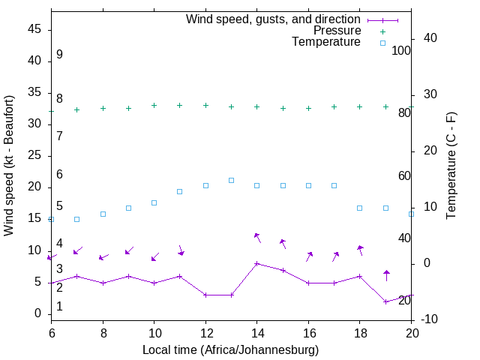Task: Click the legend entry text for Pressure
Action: (x=337, y=31)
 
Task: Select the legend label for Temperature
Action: (x=326, y=42)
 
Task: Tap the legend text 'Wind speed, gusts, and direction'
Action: (x=273, y=19)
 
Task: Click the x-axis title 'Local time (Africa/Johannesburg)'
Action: (x=230, y=350)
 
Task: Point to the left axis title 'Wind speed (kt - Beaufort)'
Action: (x=9, y=166)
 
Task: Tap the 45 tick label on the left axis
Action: (x=35, y=28)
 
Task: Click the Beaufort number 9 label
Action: (x=59, y=55)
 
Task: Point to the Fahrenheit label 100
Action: (x=402, y=50)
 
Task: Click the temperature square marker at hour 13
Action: (x=231, y=180)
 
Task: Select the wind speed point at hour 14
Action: (x=257, y=263)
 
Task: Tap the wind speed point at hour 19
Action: (x=386, y=301)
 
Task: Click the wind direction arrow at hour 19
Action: (x=386, y=274)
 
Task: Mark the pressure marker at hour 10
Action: (x=154, y=105)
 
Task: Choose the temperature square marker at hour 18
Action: (x=360, y=208)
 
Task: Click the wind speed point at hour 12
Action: (x=205, y=295)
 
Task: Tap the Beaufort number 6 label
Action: (x=59, y=174)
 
